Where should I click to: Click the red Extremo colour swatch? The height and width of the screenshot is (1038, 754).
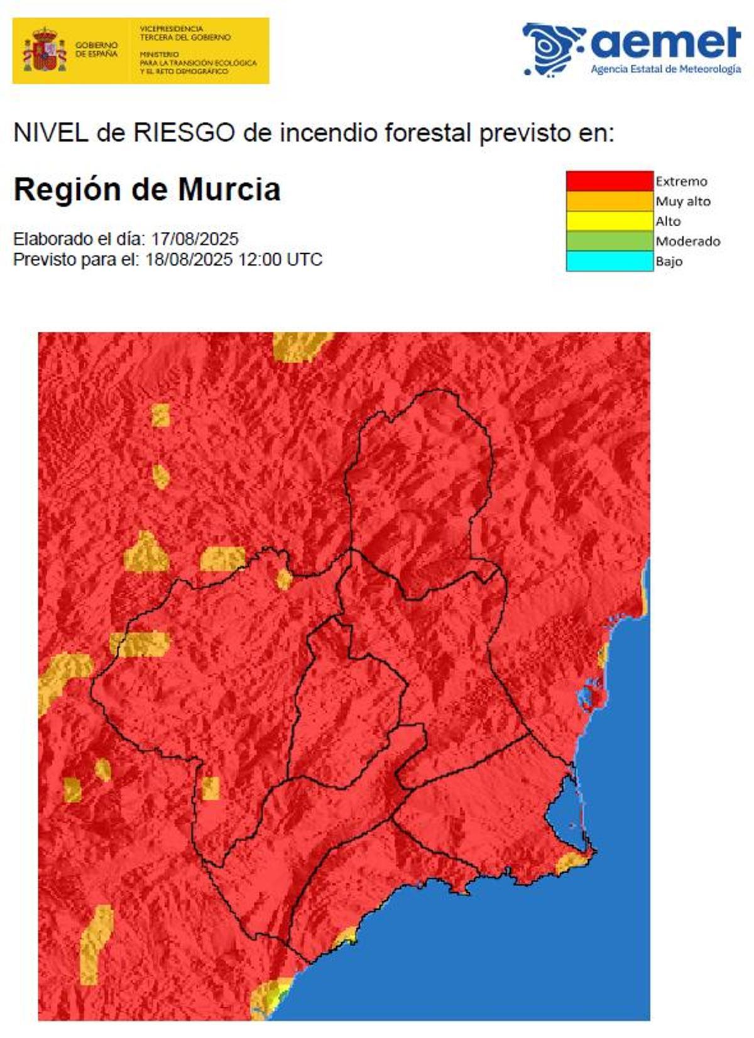(609, 181)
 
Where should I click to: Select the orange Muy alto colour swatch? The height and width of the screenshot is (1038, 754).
(609, 201)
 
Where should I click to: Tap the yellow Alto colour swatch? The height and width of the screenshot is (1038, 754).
(609, 221)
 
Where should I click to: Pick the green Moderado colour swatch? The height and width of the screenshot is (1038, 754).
(609, 241)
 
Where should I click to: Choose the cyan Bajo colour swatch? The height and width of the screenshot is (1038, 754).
(609, 261)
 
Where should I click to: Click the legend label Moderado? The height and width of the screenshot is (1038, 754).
(688, 241)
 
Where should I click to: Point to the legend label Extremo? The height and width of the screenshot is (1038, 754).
(681, 182)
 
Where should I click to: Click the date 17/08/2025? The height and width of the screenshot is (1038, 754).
(194, 239)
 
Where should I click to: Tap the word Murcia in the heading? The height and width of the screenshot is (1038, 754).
(229, 190)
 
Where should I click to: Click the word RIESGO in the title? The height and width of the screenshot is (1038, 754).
(183, 133)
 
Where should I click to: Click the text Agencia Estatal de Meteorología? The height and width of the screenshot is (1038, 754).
(665, 69)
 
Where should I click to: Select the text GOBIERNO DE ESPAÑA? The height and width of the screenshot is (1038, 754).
(96, 50)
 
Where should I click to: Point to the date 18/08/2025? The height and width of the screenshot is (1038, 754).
(188, 259)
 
